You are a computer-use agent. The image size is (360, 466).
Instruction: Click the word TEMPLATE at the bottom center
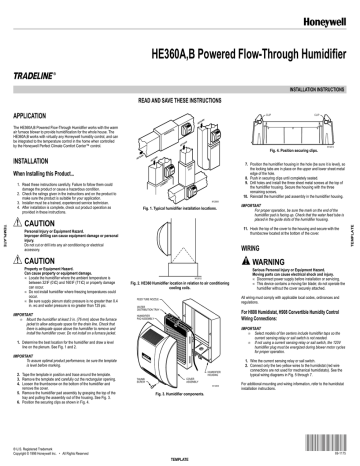click(x=179, y=461)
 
